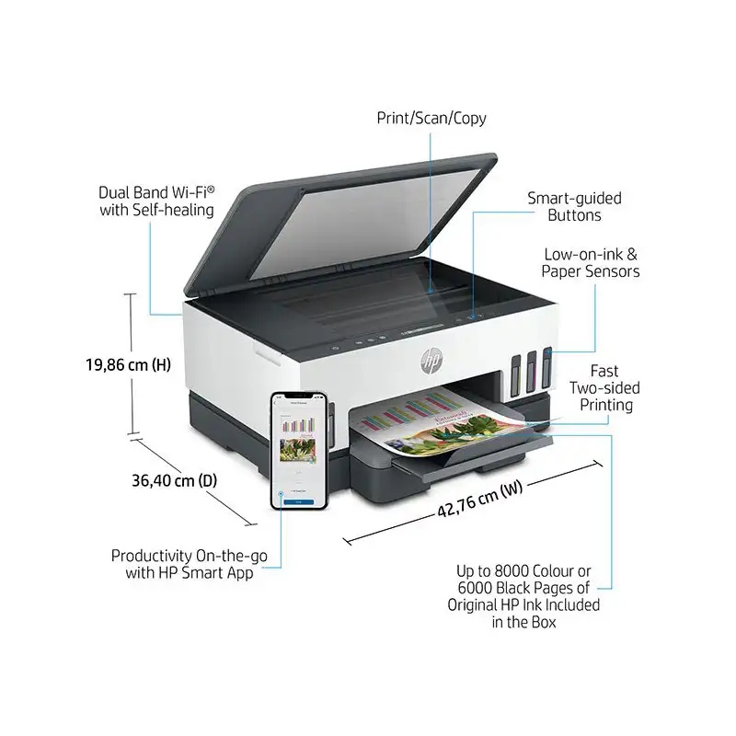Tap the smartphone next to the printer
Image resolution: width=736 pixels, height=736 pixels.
299,449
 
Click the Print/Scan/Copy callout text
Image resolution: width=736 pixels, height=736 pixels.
431,118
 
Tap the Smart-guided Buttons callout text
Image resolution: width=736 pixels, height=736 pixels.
573,207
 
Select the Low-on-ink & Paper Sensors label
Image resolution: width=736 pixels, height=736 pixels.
591,262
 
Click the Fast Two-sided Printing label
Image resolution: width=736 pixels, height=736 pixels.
604,387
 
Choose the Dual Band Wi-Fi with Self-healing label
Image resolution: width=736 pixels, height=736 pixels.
156,201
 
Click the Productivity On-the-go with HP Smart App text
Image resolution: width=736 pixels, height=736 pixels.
182,565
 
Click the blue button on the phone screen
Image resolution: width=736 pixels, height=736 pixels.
298,501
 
